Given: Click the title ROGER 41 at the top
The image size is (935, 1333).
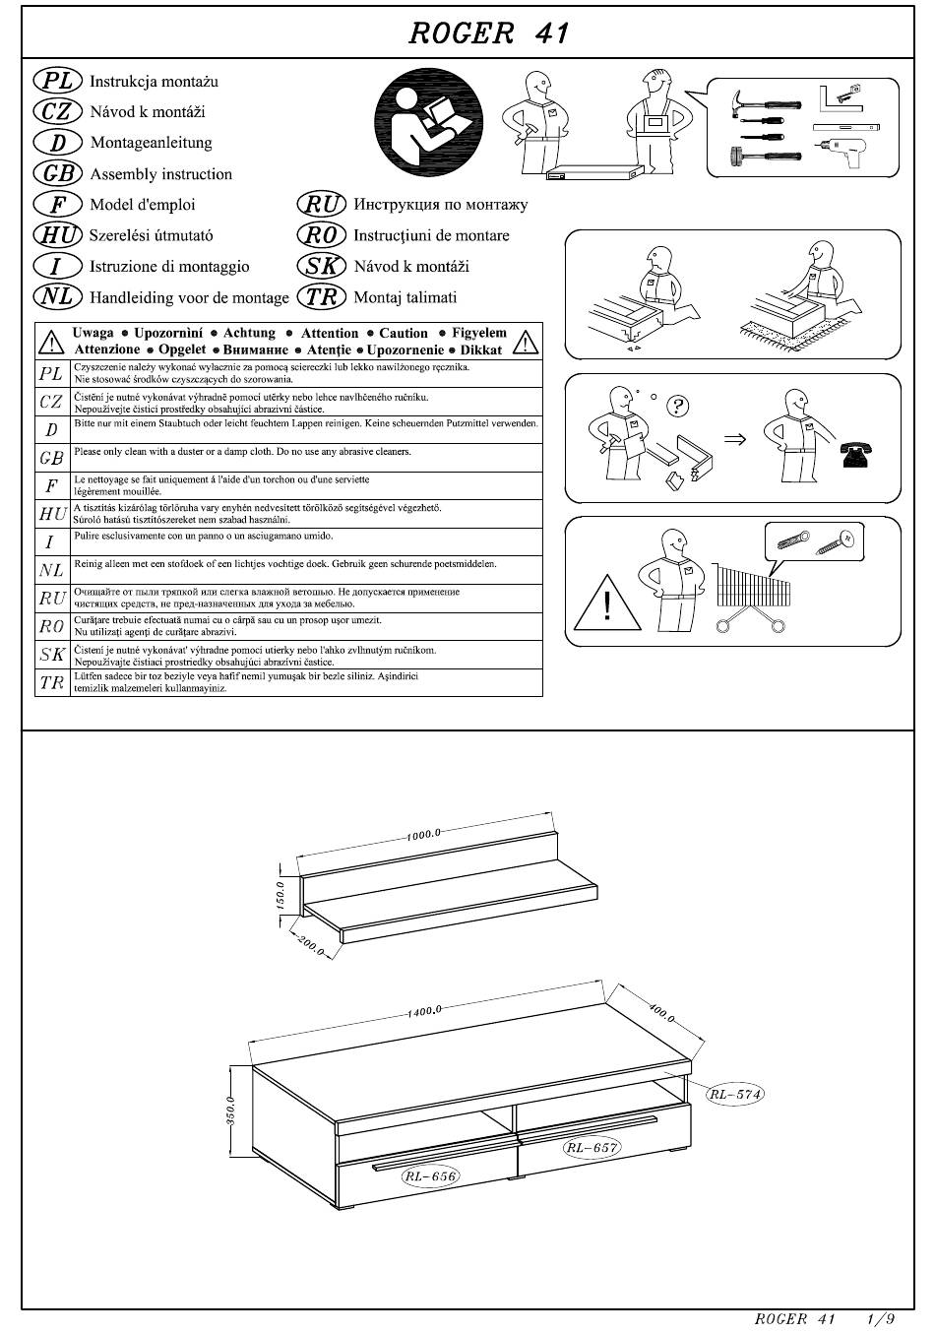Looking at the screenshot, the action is [x=488, y=33].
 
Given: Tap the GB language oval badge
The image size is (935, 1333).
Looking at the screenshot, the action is [x=58, y=173].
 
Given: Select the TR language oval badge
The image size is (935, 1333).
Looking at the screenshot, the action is [x=321, y=296].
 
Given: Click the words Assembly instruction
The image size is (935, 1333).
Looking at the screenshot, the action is [x=161, y=174].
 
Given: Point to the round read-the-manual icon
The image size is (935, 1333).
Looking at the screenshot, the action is [x=429, y=123].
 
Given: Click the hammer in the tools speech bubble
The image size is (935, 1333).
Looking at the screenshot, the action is [x=766, y=101].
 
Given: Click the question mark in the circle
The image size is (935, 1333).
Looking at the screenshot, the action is [x=678, y=407].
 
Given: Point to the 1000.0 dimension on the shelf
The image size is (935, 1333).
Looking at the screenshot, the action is [x=423, y=834].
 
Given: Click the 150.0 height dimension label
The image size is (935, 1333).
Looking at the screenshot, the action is [x=280, y=896].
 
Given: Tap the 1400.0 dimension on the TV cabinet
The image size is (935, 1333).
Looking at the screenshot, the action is [x=424, y=1011].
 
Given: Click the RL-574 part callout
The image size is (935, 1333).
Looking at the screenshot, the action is [x=735, y=1094].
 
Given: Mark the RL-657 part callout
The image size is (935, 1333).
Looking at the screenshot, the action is [x=592, y=1147].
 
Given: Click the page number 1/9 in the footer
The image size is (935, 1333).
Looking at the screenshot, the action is [x=881, y=1318].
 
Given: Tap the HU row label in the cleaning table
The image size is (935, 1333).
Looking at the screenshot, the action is [x=52, y=514].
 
